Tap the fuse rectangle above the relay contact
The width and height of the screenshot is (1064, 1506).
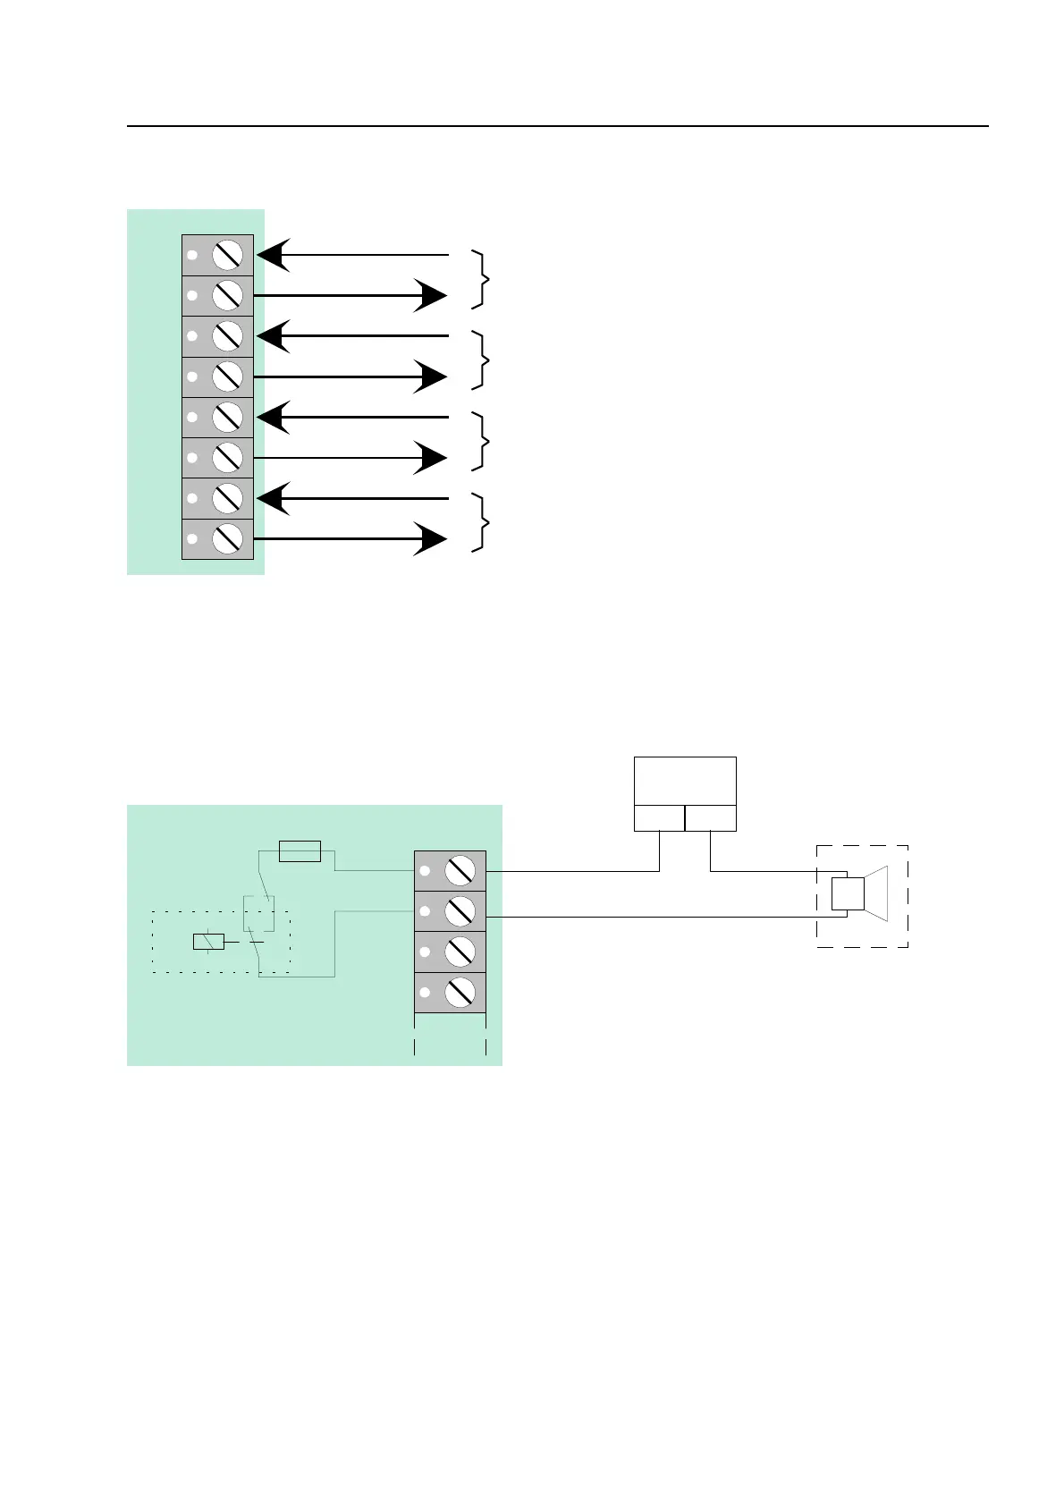pyautogui.click(x=300, y=851)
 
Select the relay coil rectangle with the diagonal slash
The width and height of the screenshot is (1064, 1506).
pyautogui.click(x=208, y=941)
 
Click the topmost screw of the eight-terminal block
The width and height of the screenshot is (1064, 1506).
pyautogui.click(x=228, y=256)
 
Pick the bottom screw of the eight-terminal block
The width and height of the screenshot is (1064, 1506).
pyautogui.click(x=228, y=539)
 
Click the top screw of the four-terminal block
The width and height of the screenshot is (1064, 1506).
pyautogui.click(x=460, y=870)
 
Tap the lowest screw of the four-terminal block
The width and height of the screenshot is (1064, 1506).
pyautogui.click(x=460, y=992)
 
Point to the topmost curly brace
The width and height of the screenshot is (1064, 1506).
pyautogui.click(x=484, y=280)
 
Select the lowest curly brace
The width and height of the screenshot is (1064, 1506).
pyautogui.click(x=484, y=521)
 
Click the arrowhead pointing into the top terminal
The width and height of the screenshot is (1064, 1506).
pyautogui.click(x=272, y=256)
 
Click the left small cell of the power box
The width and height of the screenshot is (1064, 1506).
pyautogui.click(x=659, y=817)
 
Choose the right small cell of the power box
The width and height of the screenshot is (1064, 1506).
pyautogui.click(x=711, y=817)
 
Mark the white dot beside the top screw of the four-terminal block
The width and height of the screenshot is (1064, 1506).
pyautogui.click(x=426, y=871)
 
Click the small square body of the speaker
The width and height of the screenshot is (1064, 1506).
pyautogui.click(x=848, y=893)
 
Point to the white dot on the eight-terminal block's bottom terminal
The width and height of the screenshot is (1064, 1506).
pyautogui.click(x=192, y=539)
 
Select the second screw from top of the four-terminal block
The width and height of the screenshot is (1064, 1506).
pyautogui.click(x=460, y=911)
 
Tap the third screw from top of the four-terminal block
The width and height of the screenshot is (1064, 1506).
pyautogui.click(x=460, y=952)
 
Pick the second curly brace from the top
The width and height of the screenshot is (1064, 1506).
pyautogui.click(x=484, y=360)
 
